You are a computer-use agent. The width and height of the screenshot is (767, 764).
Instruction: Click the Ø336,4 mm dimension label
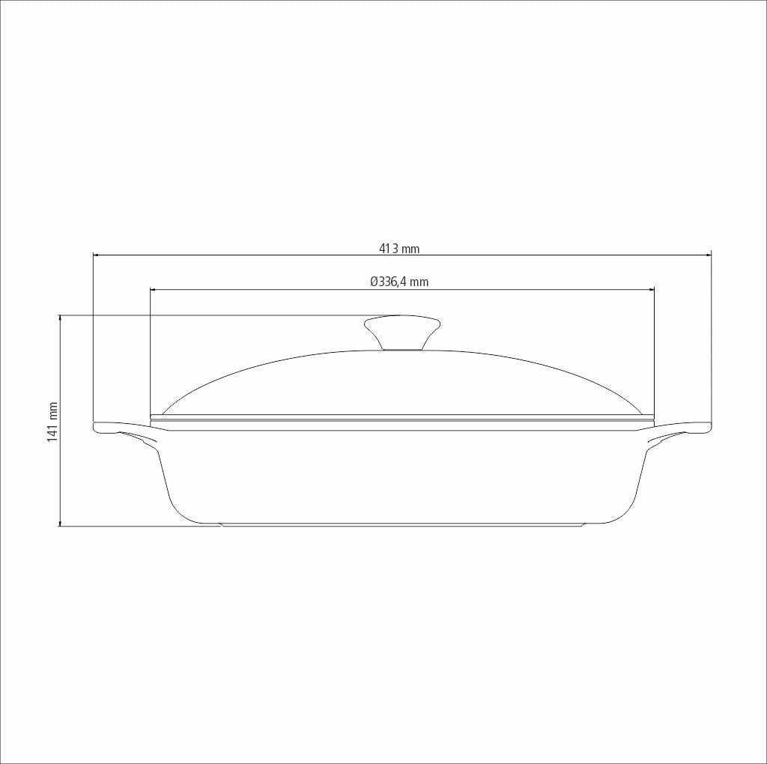coord(399,282)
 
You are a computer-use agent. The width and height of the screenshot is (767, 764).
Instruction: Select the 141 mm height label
coord(52,421)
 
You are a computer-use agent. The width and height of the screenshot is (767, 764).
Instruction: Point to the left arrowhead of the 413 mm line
coord(96,255)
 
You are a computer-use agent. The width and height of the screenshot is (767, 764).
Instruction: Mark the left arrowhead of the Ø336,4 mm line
coord(154,289)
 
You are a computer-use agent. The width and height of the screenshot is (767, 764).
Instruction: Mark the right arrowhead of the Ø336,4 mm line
coord(651,289)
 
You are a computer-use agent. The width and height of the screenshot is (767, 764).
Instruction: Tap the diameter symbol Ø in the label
coord(374,282)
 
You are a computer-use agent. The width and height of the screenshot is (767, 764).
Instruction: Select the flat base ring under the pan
coord(401,525)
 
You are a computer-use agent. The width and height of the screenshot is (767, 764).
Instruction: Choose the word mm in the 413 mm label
coord(411,249)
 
